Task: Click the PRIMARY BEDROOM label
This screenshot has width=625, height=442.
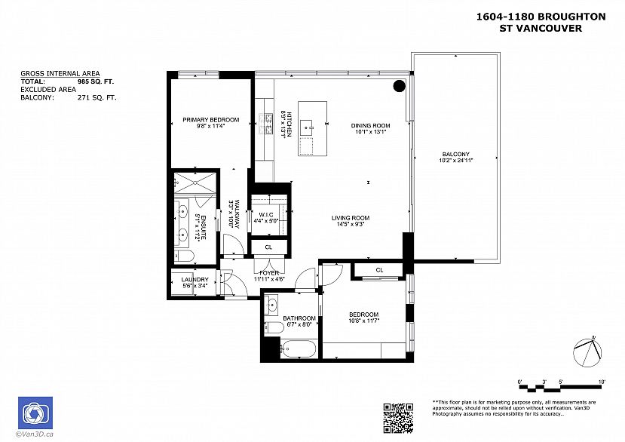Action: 210,120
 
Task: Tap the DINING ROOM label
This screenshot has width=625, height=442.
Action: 369,125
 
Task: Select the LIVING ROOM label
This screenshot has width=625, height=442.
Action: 350,219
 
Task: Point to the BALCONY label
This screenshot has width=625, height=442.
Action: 455,155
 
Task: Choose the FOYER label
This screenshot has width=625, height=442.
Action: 269,273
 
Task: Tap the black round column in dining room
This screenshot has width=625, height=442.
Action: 399,86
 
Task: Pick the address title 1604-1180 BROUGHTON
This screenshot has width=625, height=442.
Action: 541,17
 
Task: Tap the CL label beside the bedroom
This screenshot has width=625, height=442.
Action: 379,270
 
